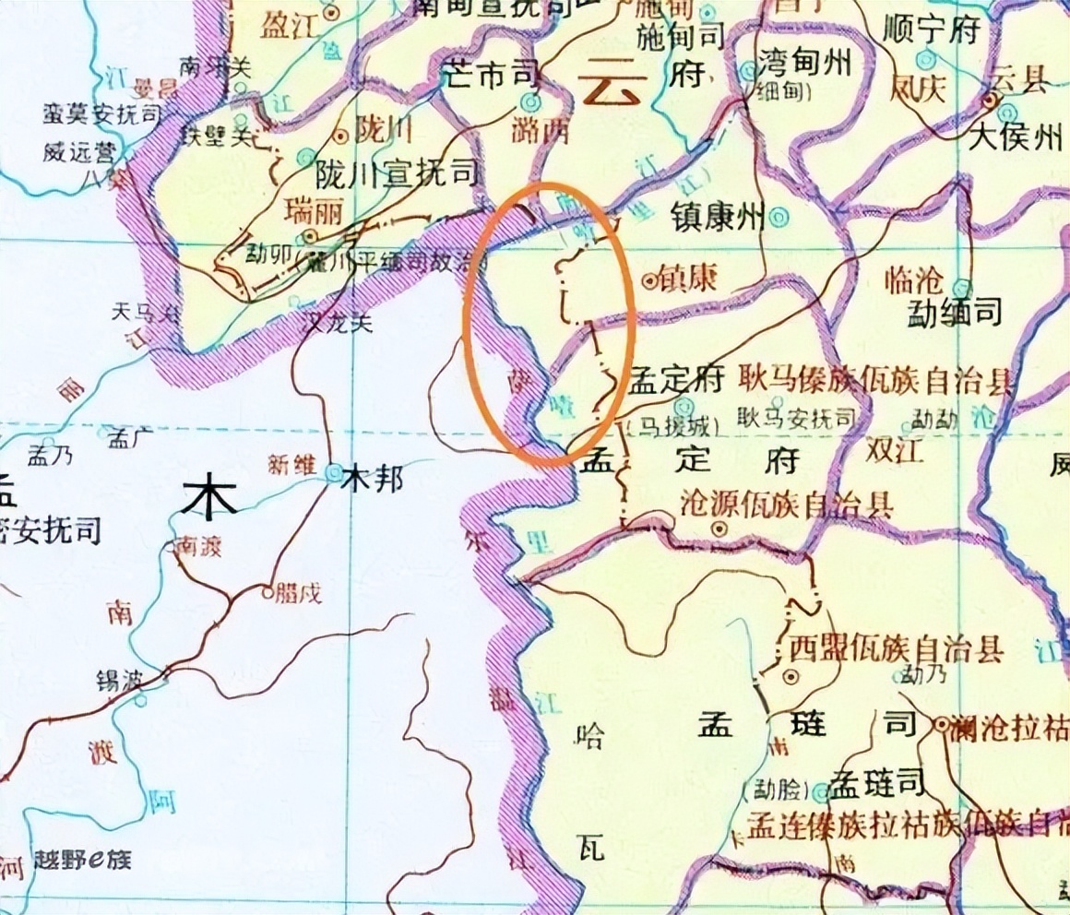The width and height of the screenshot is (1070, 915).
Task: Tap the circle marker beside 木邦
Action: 333,473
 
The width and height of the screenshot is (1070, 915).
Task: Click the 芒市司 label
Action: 488,76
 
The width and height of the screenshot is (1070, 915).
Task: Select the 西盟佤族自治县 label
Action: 893,648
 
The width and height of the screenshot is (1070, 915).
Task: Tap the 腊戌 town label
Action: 303,593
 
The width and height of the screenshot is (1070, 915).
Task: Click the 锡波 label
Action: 121,682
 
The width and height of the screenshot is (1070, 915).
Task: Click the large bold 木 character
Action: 210,499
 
